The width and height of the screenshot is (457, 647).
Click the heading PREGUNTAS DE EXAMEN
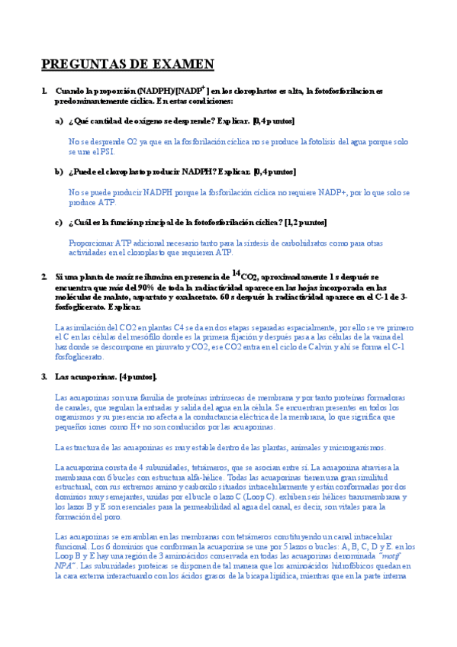pyautogui.click(x=127, y=64)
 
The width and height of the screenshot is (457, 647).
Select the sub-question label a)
pyautogui.click(x=59, y=121)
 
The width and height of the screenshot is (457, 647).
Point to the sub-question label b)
pyautogui.click(x=59, y=172)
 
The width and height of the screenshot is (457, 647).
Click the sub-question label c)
pyautogui.click(x=59, y=222)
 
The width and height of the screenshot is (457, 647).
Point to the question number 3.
pyautogui.click(x=44, y=376)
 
